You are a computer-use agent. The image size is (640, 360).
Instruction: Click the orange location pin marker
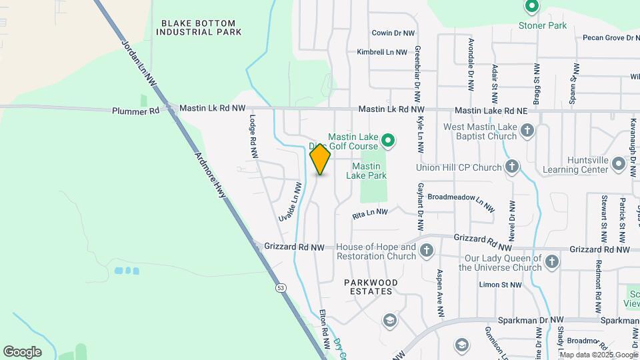click(x=320, y=159)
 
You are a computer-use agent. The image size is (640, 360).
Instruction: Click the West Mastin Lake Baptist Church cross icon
click(x=527, y=130)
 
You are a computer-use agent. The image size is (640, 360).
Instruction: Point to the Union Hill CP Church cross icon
click(x=511, y=167)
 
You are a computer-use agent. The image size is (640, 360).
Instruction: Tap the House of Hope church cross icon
click(x=426, y=251)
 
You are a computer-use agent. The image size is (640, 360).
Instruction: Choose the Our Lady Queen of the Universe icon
click(x=551, y=262)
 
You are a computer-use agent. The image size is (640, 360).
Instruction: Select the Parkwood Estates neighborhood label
click(x=371, y=287)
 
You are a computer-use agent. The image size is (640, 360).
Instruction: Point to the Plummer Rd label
click(x=136, y=111)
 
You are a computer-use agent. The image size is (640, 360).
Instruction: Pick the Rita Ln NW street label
click(x=369, y=213)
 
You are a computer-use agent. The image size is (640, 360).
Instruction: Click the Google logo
click(x=22, y=351)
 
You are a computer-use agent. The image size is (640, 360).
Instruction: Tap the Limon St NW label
click(x=500, y=285)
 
